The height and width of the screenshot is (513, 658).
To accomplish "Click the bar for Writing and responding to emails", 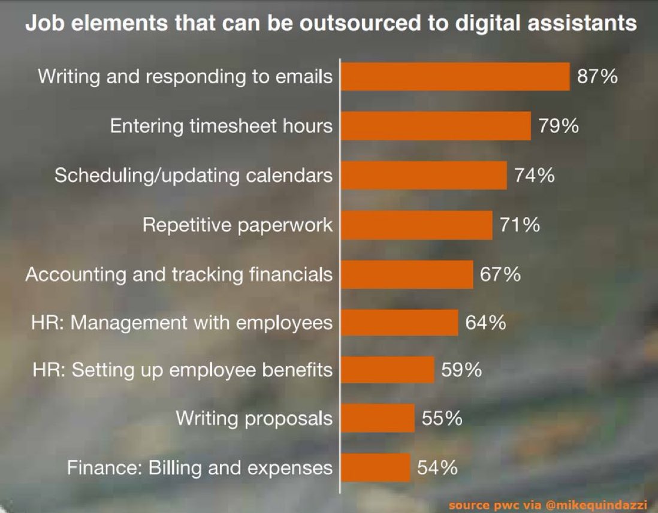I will point(455,77).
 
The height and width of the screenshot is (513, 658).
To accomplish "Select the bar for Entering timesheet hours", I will point(436,126).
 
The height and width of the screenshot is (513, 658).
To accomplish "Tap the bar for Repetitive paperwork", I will point(416,225).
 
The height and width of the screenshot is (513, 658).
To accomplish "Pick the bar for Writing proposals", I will point(378,418).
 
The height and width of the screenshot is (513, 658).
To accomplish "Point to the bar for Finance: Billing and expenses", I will point(376,467).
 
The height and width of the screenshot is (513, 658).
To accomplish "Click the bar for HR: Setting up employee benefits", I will point(388,370).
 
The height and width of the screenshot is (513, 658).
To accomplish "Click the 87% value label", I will point(597,77).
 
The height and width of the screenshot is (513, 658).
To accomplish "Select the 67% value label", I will point(500,274).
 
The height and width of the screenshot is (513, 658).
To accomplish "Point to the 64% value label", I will point(485,323).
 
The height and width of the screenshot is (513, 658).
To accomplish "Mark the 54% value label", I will point(437,467).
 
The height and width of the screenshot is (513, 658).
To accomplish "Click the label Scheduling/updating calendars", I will point(193,176).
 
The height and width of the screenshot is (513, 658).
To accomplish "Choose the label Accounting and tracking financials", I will point(179,274).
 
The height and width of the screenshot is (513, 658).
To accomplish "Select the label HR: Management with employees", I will point(182,323).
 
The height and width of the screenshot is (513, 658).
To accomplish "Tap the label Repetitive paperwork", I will point(237,225).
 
